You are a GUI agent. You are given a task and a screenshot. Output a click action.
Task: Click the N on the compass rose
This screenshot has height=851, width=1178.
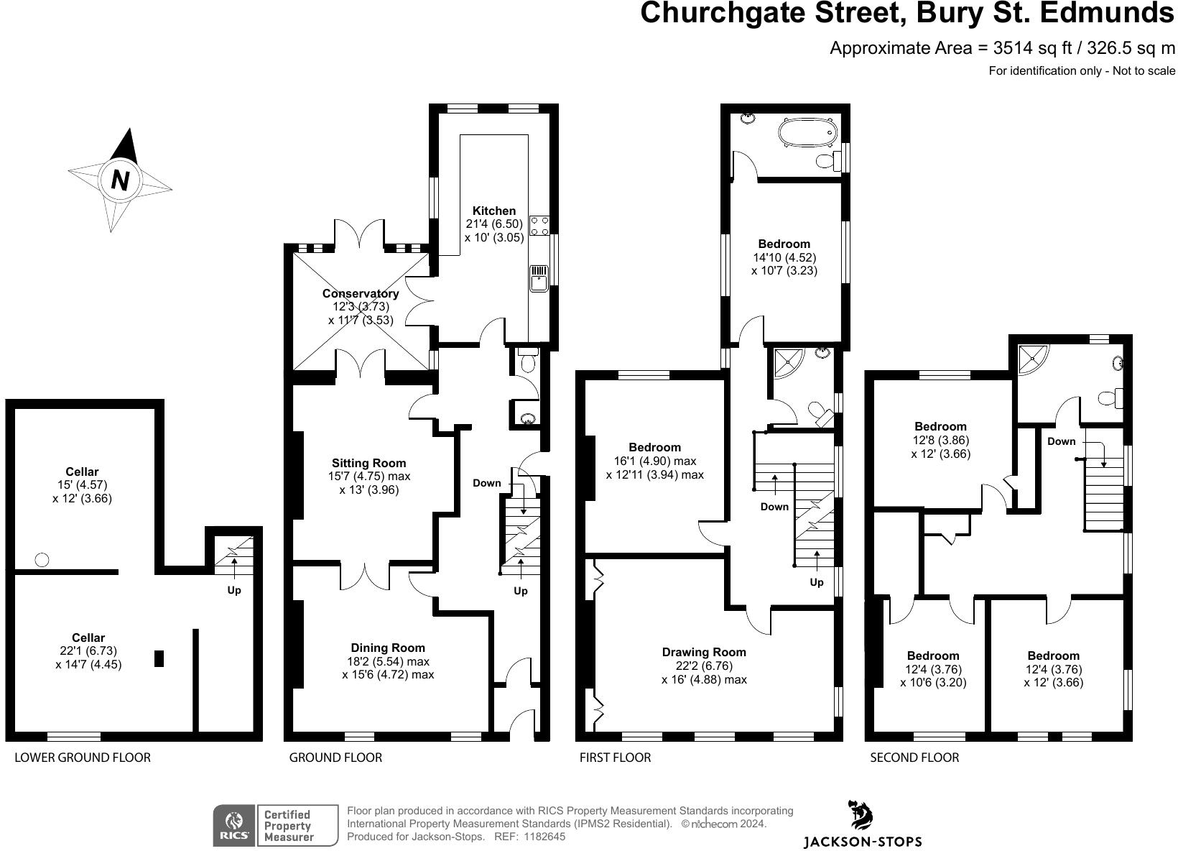[120, 180]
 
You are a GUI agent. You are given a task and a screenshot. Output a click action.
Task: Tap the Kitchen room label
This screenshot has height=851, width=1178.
[494, 211]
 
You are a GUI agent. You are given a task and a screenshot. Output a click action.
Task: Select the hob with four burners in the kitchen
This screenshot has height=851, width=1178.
[539, 226]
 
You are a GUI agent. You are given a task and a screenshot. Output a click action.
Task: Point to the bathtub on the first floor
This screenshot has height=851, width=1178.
[810, 134]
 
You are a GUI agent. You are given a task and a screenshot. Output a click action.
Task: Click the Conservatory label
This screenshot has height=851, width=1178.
[360, 293]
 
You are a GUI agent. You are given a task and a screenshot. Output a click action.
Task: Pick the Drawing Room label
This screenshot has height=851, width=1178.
[704, 652]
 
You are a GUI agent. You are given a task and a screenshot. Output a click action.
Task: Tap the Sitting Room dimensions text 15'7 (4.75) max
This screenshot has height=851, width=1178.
[368, 476]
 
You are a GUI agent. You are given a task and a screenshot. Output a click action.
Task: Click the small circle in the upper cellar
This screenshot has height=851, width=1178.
[42, 559]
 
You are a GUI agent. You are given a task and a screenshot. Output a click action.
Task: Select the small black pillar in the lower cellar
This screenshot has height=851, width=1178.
[159, 658]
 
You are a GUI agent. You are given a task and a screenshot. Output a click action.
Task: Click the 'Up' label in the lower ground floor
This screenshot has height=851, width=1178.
[234, 590]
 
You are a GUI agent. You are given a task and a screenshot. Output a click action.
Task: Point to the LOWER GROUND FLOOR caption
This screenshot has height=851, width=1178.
[83, 757]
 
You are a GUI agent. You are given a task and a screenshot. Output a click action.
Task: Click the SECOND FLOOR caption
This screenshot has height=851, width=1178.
[914, 757]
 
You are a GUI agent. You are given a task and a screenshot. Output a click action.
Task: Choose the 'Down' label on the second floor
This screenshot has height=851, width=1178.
[1061, 441]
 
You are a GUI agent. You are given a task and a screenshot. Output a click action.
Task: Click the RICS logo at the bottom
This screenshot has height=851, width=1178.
[233, 825]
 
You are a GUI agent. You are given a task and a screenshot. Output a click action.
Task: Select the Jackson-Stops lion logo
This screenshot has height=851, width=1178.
[861, 816]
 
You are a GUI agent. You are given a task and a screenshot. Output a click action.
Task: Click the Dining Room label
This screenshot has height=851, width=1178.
[388, 648]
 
